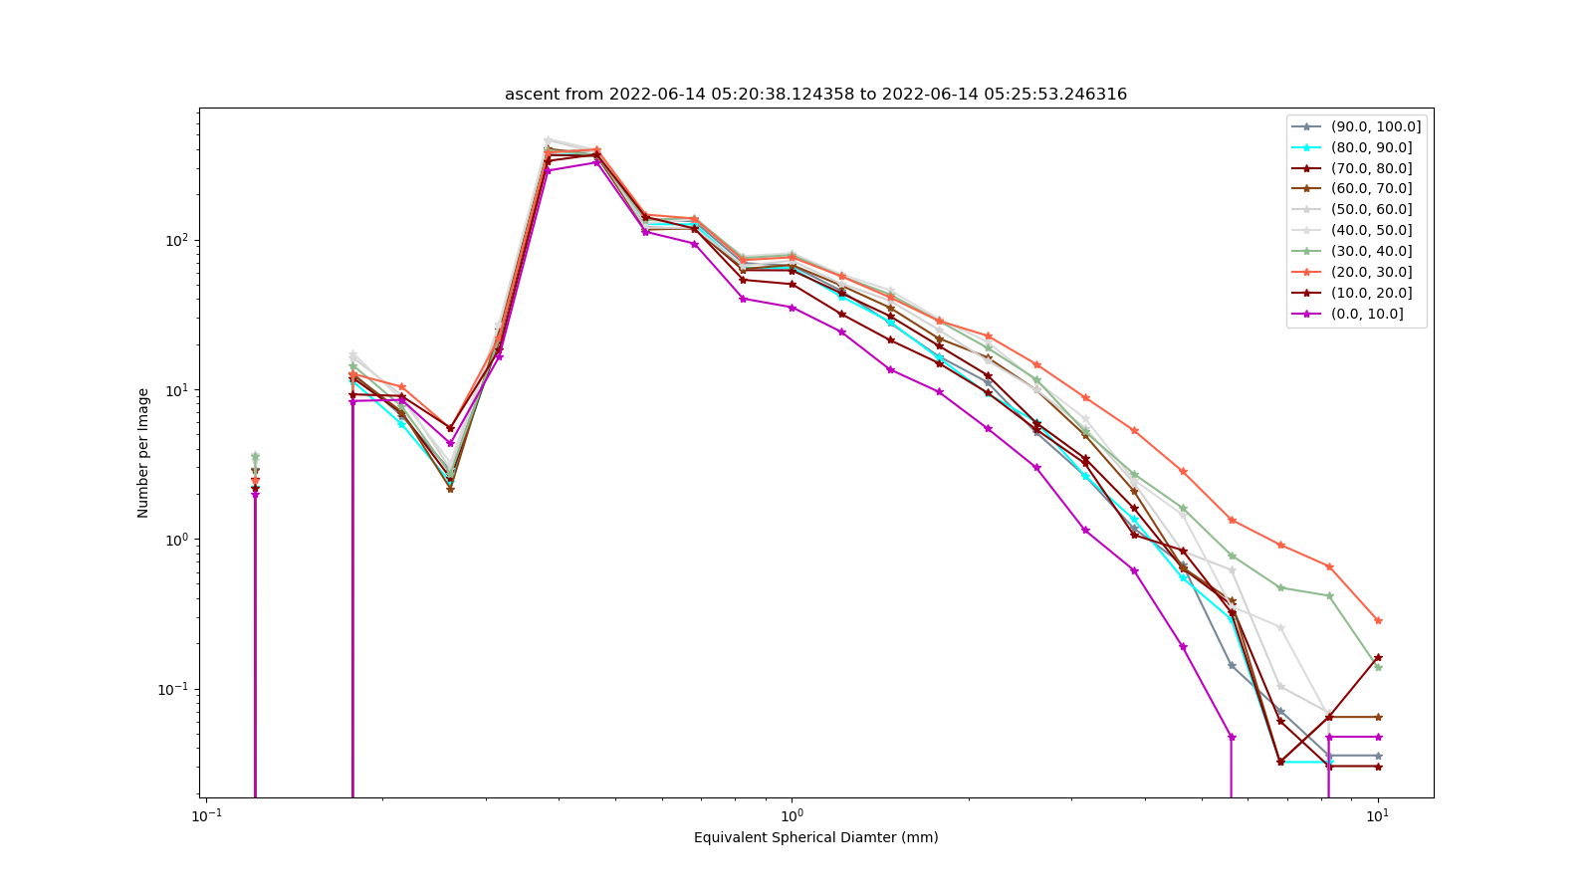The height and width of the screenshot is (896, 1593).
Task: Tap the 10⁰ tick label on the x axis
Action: (x=792, y=815)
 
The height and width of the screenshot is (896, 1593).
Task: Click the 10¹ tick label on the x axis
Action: (x=1378, y=815)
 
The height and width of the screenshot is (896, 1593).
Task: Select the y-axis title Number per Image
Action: (x=143, y=453)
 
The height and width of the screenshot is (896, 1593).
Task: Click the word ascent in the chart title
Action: (x=529, y=94)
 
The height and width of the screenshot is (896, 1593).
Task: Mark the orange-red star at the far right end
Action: (x=1378, y=621)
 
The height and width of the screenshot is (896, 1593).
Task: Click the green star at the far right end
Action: (x=1378, y=667)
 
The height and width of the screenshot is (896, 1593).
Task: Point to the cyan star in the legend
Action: (x=1306, y=148)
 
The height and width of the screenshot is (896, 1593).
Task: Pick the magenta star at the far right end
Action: (x=1378, y=737)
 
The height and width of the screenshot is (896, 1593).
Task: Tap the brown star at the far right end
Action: (x=1378, y=717)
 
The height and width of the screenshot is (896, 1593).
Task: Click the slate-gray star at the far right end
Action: (x=1378, y=756)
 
